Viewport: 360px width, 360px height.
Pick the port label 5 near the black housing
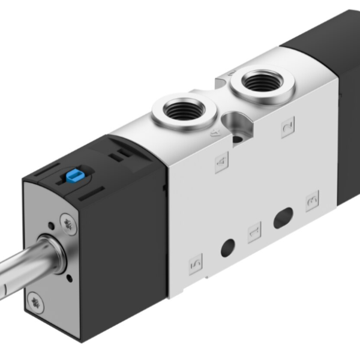click(195, 263)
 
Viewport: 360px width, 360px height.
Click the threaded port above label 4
click(182, 110)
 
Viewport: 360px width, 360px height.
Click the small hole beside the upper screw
click(55, 226)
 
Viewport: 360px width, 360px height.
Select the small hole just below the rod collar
click(70, 278)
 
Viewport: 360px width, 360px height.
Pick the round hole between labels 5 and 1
click(227, 246)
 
